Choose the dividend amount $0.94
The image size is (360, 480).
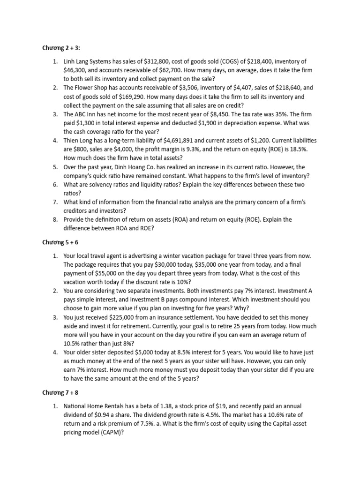tap(106, 415)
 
